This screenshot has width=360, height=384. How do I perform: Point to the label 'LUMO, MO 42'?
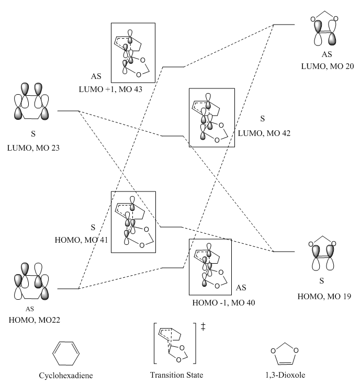pyautogui.click(x=264, y=133)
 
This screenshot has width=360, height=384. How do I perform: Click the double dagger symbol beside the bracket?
pyautogui.click(x=204, y=326)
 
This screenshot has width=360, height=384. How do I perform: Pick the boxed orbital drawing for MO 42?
pyautogui.click(x=211, y=118)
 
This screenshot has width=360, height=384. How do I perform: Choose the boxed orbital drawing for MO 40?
pyautogui.click(x=210, y=267)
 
